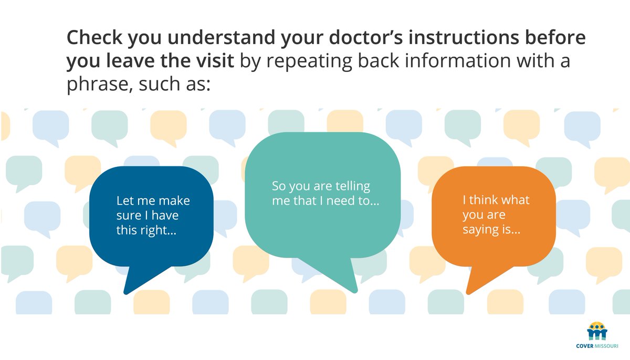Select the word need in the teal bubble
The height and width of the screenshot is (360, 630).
coord(341,201)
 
